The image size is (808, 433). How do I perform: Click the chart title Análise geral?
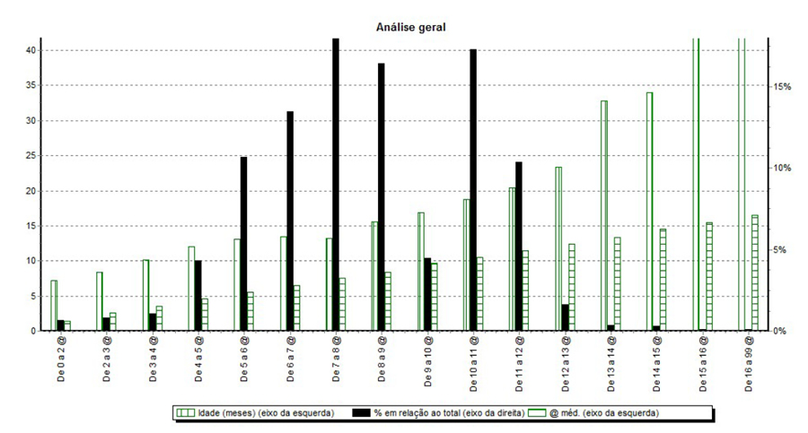410,27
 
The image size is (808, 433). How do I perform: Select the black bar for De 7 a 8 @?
336,185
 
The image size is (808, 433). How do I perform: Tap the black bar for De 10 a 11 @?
473,190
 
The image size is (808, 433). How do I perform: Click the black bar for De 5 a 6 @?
243,244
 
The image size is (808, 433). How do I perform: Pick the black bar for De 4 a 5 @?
198,296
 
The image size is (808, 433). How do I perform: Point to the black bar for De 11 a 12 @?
518,247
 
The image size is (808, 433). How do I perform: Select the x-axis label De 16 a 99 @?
749,362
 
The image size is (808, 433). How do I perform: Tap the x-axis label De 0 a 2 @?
61,358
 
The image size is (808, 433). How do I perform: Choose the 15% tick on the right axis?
782,86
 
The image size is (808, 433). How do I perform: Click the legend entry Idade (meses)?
256,413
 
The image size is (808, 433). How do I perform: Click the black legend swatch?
361,413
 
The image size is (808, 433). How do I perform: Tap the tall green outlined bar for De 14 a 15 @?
649,212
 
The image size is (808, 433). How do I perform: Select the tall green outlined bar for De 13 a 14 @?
604,216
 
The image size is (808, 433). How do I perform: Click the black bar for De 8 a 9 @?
382,196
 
